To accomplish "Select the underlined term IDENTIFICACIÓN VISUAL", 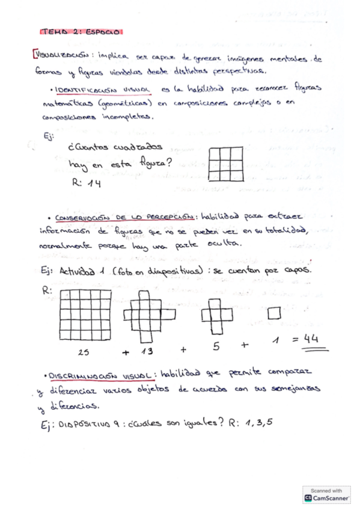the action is pos(106,89).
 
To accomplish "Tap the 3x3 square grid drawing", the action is pos(227,163).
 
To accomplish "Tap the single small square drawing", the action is pos(274,313).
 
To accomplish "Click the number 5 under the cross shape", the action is pos(216,346).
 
